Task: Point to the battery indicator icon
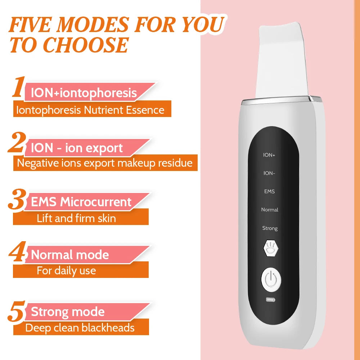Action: tap(270, 300)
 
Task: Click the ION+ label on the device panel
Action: tap(269, 155)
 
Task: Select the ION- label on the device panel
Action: tap(269, 173)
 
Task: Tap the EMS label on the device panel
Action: tap(269, 192)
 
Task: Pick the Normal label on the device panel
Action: tap(270, 210)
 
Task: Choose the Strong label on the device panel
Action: tap(270, 228)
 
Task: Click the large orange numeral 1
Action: tap(18, 87)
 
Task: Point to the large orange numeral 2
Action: tap(16, 143)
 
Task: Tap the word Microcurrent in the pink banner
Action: tap(96, 202)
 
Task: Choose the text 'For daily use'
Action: tap(66, 270)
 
